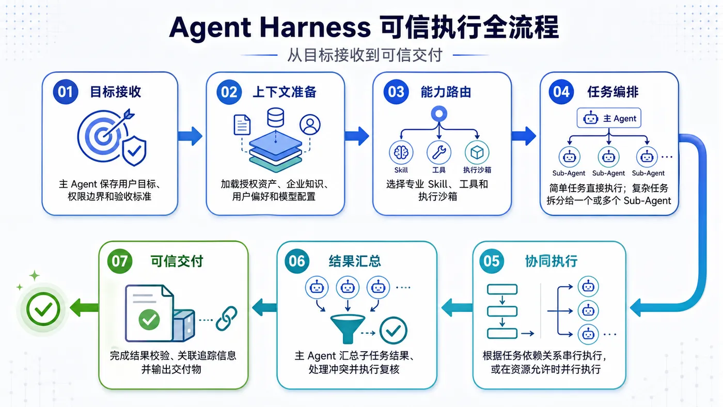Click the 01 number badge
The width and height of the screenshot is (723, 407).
tap(65, 91)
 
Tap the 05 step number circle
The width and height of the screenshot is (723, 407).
tap(491, 261)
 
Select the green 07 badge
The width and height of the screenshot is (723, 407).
tap(119, 261)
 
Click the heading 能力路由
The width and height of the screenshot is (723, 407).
tap(446, 92)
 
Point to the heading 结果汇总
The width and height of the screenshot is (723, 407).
tap(355, 261)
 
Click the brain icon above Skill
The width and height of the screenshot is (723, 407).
tap(401, 152)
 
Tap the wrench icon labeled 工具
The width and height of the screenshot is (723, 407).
tap(438, 152)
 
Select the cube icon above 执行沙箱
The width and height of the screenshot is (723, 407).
tap(477, 152)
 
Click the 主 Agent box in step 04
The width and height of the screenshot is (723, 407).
tap(609, 118)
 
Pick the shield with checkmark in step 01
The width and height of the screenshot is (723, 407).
tap(134, 150)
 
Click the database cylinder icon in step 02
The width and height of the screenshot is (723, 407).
tap(276, 117)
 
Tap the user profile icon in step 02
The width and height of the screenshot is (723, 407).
tap(310, 124)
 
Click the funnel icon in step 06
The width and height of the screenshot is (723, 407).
tap(348, 328)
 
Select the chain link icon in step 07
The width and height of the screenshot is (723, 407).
tap(226, 319)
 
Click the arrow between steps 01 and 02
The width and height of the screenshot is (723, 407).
tap(190, 136)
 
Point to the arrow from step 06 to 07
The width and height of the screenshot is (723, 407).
tap(264, 307)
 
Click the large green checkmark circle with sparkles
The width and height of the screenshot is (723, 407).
tap(43, 309)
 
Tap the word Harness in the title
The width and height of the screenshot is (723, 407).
tap(315, 27)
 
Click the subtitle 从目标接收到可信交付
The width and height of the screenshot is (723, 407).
tap(365, 55)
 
